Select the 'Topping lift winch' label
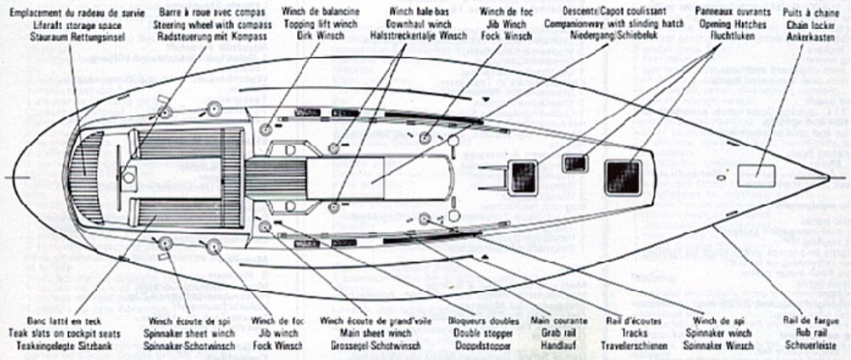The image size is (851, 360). click(315, 26)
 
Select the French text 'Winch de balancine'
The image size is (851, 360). click(315, 14)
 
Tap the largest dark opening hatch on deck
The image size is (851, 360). click(623, 176)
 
